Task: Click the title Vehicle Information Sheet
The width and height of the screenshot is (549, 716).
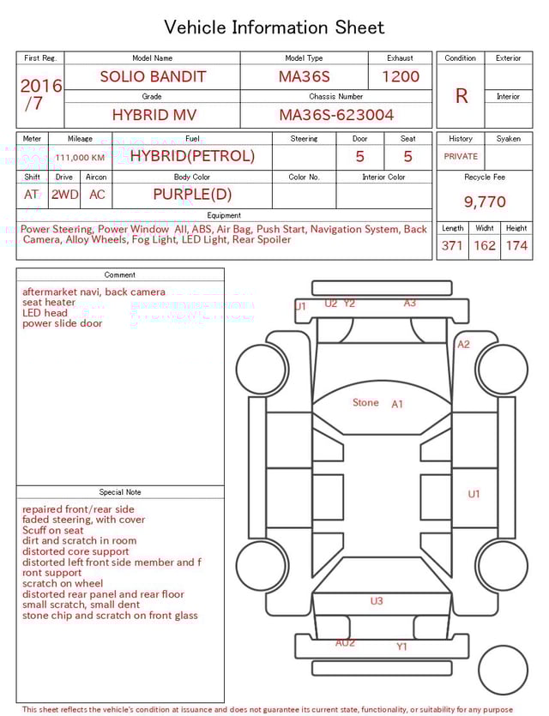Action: pos(274,27)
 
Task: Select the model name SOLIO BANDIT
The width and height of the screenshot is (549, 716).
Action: pos(153,76)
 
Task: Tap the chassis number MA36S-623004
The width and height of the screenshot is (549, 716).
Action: pos(336,115)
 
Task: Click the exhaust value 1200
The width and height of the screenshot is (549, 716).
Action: pos(401,76)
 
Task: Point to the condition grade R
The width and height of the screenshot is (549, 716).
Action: pos(462,96)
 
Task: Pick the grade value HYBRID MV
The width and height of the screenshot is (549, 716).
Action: pos(152,115)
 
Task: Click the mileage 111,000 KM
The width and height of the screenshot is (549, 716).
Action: pos(80,158)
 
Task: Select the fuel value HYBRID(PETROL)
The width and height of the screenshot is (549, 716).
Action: pos(192,156)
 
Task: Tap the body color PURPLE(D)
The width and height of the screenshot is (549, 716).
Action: pos(192,195)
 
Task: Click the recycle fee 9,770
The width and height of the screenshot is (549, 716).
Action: pos(485,202)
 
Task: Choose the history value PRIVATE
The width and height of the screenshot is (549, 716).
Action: pos(461,157)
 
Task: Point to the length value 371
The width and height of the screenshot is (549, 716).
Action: pos(452,246)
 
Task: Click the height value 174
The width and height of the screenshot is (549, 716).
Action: pos(516,246)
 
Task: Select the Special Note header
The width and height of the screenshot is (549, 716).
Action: pos(120,492)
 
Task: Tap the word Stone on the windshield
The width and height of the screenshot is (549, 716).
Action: pos(365,402)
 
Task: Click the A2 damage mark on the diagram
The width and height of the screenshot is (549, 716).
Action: pos(463,345)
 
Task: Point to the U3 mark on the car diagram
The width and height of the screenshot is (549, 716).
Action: pos(377,601)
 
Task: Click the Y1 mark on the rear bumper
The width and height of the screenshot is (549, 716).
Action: pos(401,647)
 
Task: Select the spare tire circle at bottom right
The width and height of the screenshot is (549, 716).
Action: pos(503,671)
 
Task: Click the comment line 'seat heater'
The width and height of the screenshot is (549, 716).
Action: pos(49,303)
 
